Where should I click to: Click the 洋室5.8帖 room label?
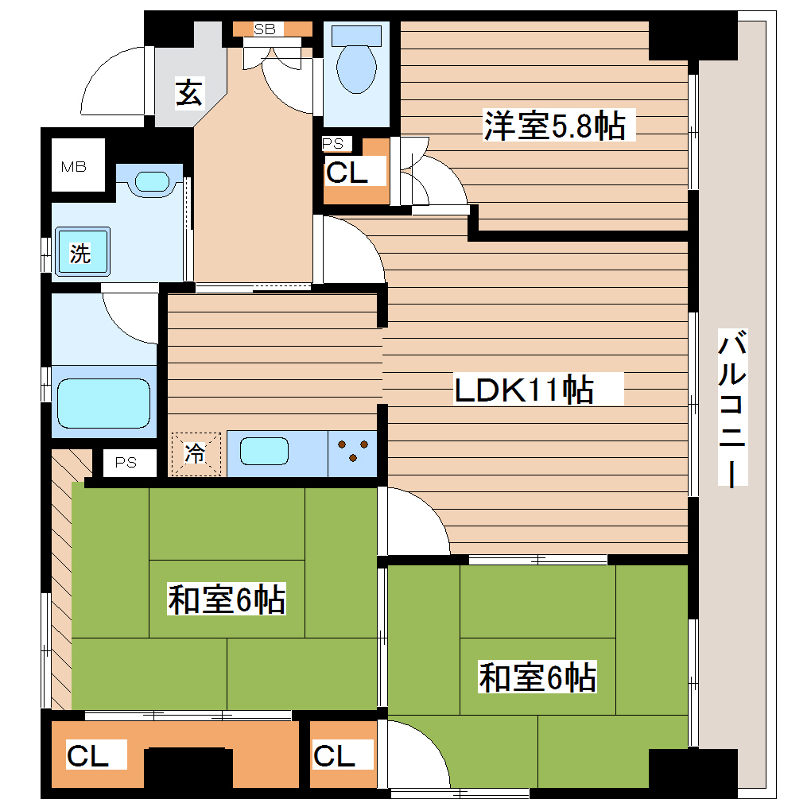(555, 126)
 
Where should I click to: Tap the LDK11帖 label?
(525, 390)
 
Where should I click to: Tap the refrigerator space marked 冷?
(196, 454)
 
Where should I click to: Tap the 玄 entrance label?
(188, 94)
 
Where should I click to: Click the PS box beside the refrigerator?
(125, 462)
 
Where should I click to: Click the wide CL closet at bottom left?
(87, 756)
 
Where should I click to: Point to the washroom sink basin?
(153, 181)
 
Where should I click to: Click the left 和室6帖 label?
(227, 599)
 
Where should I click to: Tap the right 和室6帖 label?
(537, 677)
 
